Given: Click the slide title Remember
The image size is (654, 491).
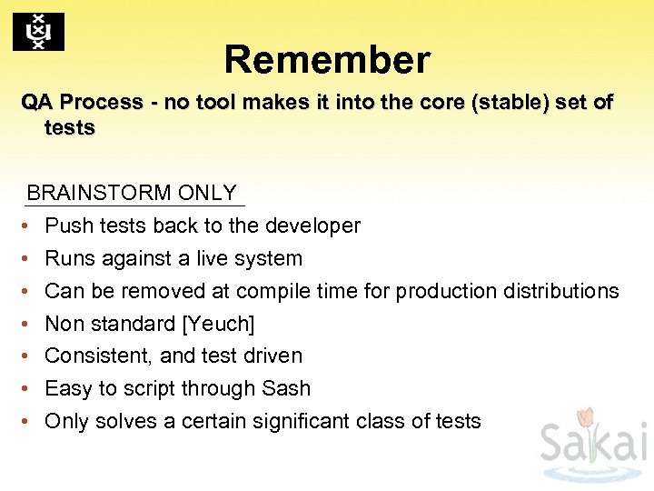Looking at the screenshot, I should (x=327, y=60).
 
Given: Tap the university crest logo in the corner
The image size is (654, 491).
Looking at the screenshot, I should (x=38, y=32).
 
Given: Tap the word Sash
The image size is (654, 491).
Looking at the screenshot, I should (x=286, y=388).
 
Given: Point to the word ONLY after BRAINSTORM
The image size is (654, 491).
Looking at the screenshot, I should (x=207, y=193).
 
